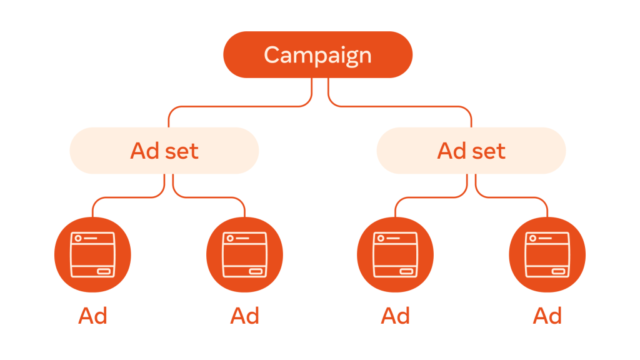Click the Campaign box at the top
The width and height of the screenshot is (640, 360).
coord(317,55)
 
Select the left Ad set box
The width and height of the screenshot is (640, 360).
coord(164,151)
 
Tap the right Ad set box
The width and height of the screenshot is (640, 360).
coord(471,151)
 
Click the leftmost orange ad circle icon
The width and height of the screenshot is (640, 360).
coord(92,255)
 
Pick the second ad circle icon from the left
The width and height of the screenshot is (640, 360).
coord(244,255)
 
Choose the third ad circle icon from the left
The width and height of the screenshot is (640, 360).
coord(395,255)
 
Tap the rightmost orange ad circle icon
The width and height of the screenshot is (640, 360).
coord(547,255)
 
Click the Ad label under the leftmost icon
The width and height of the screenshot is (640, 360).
coord(92,316)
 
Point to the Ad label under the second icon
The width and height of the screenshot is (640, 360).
coord(244,316)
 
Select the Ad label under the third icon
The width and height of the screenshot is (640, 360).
coord(395,316)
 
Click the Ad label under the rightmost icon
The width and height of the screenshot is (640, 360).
coord(547,316)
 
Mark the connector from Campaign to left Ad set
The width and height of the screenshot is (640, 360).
coord(241,106)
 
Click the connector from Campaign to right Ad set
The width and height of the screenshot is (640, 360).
coord(400,106)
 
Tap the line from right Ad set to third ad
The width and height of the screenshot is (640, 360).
coord(431,197)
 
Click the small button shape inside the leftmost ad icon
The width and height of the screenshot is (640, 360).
coord(104,271)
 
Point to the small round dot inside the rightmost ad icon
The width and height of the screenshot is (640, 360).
coord(532,238)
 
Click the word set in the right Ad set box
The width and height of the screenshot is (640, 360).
coord(489,151)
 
